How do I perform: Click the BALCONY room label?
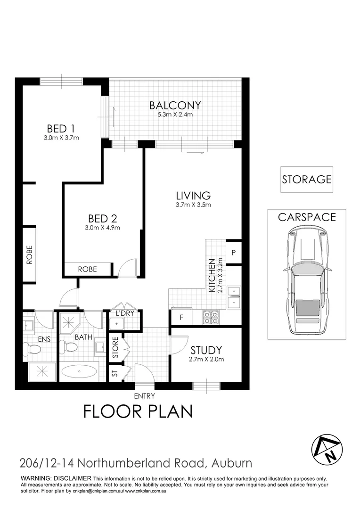click(175, 105)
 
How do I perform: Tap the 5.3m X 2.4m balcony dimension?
click(175, 115)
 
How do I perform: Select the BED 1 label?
click(62, 128)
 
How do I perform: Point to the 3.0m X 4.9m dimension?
click(102, 228)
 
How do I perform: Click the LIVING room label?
click(193, 195)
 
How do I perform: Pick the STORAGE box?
click(307, 180)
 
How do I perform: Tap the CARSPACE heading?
click(307, 217)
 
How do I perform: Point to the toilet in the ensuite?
click(33, 349)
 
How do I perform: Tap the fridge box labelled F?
click(181, 317)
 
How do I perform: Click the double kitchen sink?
click(234, 296)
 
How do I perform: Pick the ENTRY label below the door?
click(144, 396)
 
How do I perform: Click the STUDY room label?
click(206, 350)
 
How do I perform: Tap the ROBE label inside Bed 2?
click(88, 269)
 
